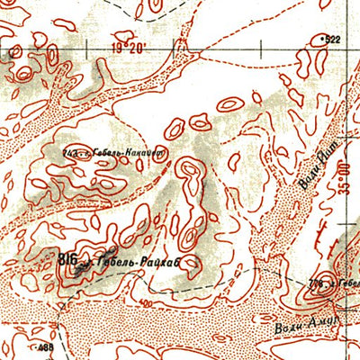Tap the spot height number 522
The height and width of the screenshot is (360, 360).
(332, 39)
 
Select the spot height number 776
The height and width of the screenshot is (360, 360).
(315, 285)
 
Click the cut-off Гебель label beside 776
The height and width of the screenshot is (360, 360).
(346, 281)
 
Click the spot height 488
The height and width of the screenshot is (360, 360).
(45, 348)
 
